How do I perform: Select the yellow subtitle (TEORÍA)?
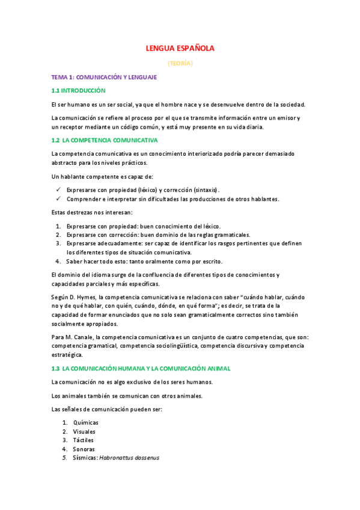(x=180, y=63)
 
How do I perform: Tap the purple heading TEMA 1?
(x=104, y=78)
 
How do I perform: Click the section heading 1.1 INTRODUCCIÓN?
(x=78, y=90)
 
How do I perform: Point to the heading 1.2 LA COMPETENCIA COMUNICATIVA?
(x=105, y=140)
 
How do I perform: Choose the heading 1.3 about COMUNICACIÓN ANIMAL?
(x=141, y=368)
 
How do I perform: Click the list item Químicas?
(x=85, y=422)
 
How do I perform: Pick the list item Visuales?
(x=84, y=432)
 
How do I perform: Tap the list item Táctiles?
(x=84, y=440)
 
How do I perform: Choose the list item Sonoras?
(x=84, y=449)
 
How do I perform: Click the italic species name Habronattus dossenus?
(x=129, y=458)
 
